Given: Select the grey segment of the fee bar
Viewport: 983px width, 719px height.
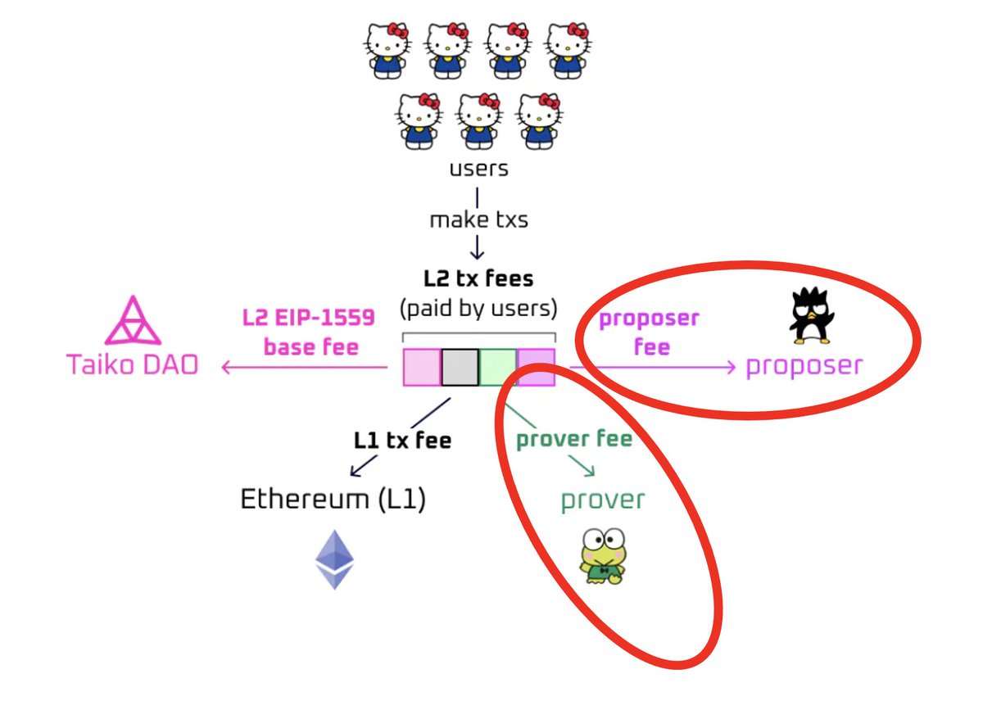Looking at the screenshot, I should coord(460,367).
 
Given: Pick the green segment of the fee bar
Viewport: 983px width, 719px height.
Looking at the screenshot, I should coord(498,367).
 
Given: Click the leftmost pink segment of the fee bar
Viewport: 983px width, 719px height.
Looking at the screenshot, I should coord(423,367).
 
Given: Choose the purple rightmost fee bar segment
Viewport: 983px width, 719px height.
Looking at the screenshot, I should coord(536,367).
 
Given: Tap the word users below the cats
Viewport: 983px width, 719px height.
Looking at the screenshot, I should coord(478,169).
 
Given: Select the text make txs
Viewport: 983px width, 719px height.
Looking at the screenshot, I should coord(478,219).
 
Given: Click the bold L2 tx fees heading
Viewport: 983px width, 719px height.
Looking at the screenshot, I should coord(478,278).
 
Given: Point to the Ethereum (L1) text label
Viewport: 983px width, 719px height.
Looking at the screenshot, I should coord(333,499).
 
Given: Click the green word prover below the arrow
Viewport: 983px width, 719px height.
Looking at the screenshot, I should coord(603,499).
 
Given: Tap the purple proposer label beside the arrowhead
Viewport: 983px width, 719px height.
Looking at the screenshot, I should coord(804,365).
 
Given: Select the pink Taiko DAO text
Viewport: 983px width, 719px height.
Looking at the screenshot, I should coord(133,364).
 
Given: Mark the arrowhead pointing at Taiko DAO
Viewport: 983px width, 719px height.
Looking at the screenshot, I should coord(226,368).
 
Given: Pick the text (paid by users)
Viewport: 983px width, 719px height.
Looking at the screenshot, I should coord(478,310).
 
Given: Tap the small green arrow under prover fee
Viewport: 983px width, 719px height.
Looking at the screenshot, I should coord(583,468).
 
